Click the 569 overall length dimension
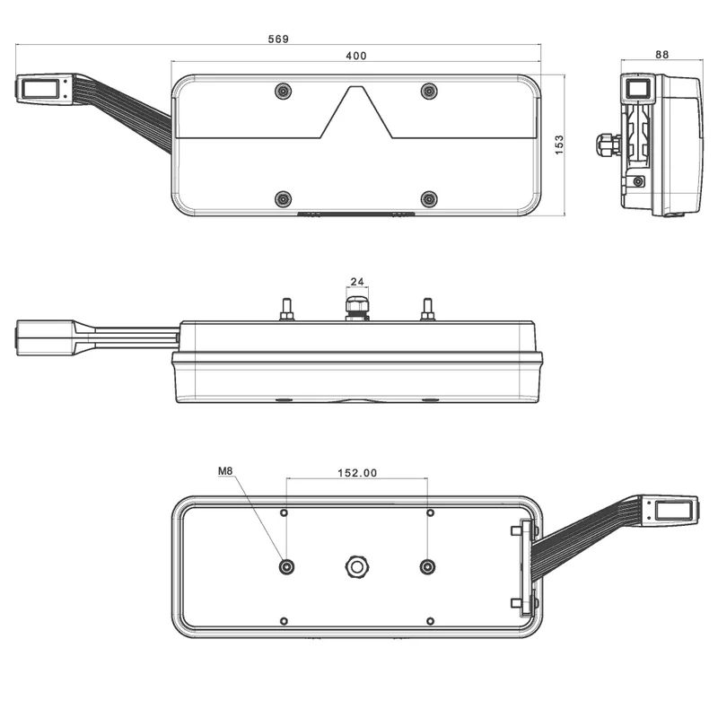(279, 39)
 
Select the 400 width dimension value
(355, 57)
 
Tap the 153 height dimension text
(558, 144)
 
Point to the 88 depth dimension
(661, 55)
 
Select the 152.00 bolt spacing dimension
(356, 473)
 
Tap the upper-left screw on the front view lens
(283, 91)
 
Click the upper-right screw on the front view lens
(429, 91)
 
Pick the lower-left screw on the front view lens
(283, 197)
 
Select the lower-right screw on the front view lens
(429, 197)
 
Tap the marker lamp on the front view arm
(39, 88)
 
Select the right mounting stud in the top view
(427, 310)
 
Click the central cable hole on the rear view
(356, 566)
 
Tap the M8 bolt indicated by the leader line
(286, 566)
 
